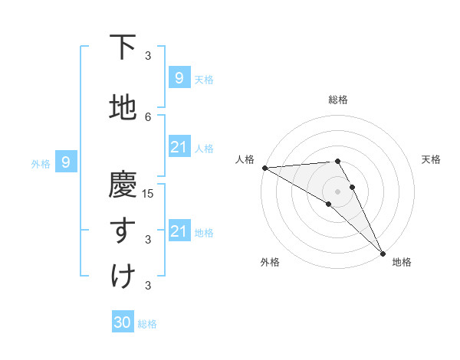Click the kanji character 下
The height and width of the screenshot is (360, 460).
[123, 48]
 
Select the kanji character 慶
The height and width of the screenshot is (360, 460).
[123, 185]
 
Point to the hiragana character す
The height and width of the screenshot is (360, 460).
[123, 231]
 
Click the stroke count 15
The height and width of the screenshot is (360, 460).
[149, 193]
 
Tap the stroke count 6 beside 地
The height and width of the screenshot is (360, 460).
[149, 116]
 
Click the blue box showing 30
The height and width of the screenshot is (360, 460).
[123, 322]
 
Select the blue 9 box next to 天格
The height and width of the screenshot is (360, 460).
[179, 77]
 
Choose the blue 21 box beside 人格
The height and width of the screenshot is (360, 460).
[179, 147]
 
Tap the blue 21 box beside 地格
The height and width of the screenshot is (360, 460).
[179, 231]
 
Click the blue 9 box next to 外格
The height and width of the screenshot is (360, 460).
[66, 162]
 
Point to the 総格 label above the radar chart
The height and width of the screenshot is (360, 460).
[338, 100]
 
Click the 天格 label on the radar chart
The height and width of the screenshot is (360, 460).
[432, 159]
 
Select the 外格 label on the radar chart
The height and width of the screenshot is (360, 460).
[270, 262]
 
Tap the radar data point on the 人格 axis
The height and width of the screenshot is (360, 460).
[264, 168]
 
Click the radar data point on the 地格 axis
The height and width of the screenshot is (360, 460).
[383, 253]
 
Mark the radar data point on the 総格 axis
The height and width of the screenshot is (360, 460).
[337, 161]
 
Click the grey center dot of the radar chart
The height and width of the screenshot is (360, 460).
[337, 191]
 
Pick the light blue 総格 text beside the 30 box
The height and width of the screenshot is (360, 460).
[147, 324]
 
